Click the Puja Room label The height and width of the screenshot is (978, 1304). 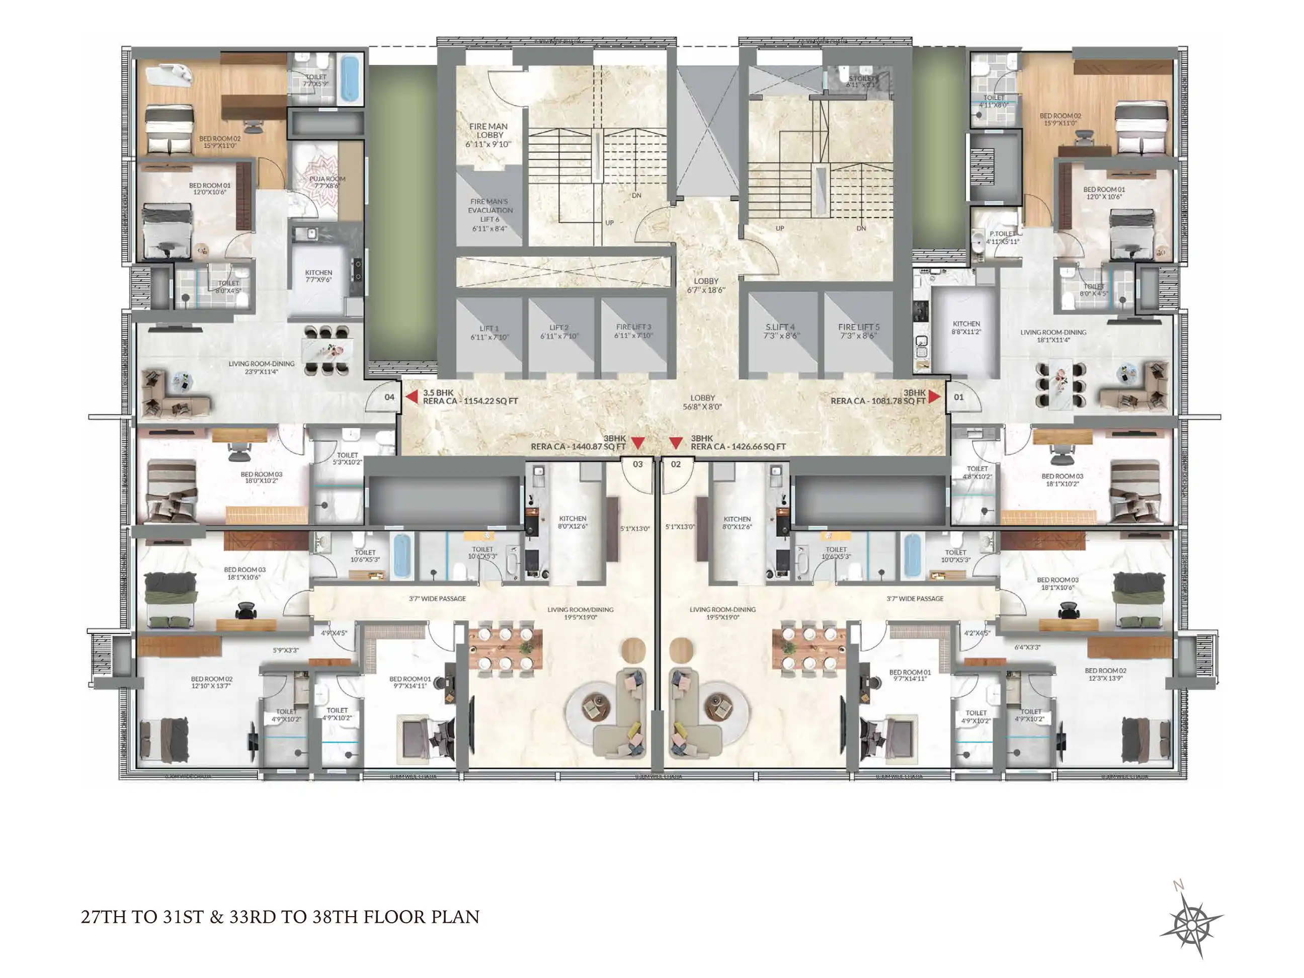[x=327, y=182]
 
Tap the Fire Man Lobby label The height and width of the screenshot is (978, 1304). [x=488, y=135]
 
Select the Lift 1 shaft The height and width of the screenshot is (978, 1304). [x=488, y=333]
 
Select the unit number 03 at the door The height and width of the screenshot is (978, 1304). [x=637, y=464]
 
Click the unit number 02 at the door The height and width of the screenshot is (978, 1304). [x=676, y=464]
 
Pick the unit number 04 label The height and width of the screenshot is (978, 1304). [x=389, y=397]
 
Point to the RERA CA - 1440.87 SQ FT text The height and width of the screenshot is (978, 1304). [x=578, y=447]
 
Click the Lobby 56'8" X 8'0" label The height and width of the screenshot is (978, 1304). [x=702, y=402]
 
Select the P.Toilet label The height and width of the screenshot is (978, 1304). [x=1002, y=237]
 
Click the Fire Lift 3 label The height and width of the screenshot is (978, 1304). [x=633, y=331]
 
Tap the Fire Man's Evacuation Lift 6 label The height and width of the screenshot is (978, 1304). [x=490, y=215]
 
